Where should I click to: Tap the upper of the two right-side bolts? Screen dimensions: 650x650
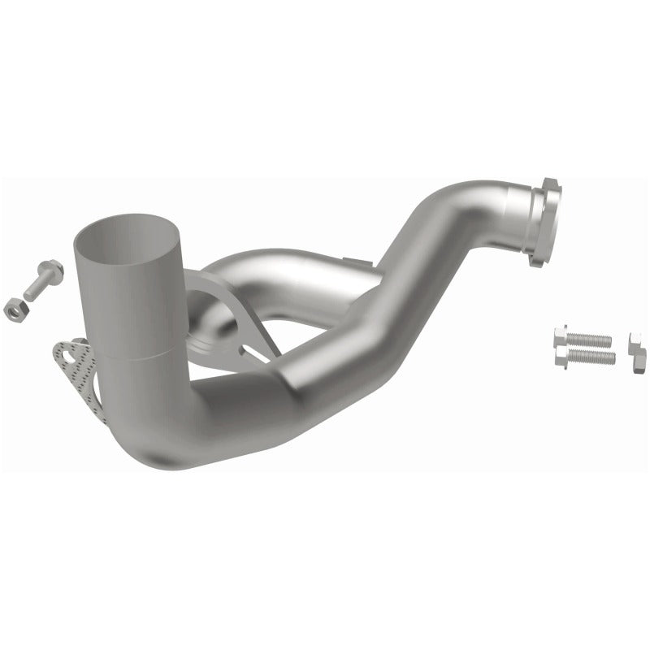tap(581, 337)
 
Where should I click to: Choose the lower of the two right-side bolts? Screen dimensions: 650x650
tap(584, 357)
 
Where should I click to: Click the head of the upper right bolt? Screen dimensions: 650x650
tap(560, 335)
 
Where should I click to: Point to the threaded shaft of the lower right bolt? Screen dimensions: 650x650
tap(597, 357)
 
